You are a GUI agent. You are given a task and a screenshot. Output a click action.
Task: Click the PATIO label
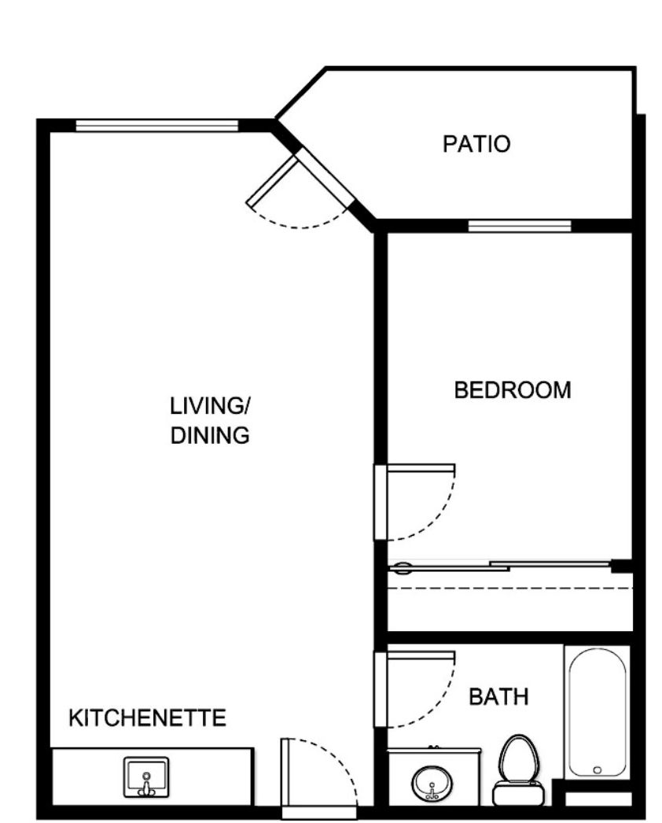tap(476, 144)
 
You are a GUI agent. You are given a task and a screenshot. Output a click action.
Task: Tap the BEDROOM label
tap(513, 389)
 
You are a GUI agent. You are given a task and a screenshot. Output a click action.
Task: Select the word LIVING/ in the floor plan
tap(210, 406)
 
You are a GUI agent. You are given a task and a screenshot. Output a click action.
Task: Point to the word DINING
tap(210, 435)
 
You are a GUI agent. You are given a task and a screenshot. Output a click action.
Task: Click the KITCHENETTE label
tap(148, 718)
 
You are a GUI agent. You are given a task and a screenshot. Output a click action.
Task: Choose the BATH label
tap(498, 696)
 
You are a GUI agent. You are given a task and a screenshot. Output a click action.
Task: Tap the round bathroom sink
tap(431, 784)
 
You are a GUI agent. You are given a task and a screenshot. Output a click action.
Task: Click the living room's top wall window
tap(156, 125)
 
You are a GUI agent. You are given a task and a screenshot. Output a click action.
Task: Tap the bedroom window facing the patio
tap(520, 227)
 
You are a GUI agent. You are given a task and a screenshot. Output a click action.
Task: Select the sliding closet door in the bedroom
tap(503, 566)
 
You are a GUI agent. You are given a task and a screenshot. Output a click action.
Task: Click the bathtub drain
tap(598, 769)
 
